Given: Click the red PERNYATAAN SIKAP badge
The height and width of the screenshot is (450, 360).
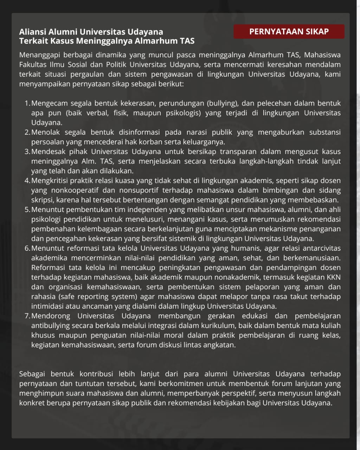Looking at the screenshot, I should (289, 32).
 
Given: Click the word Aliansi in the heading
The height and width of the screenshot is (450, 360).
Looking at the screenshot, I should (32, 32).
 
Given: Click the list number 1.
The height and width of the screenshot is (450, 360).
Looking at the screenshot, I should (27, 103).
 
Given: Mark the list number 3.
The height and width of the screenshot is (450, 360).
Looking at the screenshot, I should (27, 152).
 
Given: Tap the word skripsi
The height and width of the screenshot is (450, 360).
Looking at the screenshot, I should (42, 200).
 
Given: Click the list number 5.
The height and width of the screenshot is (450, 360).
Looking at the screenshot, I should (27, 210).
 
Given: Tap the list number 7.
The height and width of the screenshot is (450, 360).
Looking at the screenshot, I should (27, 316).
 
